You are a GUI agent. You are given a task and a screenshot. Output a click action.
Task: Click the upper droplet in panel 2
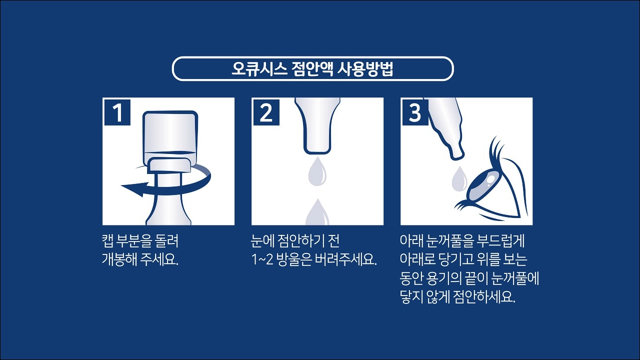[316, 171]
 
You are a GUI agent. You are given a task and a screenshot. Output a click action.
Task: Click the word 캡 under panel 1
[107, 242]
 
